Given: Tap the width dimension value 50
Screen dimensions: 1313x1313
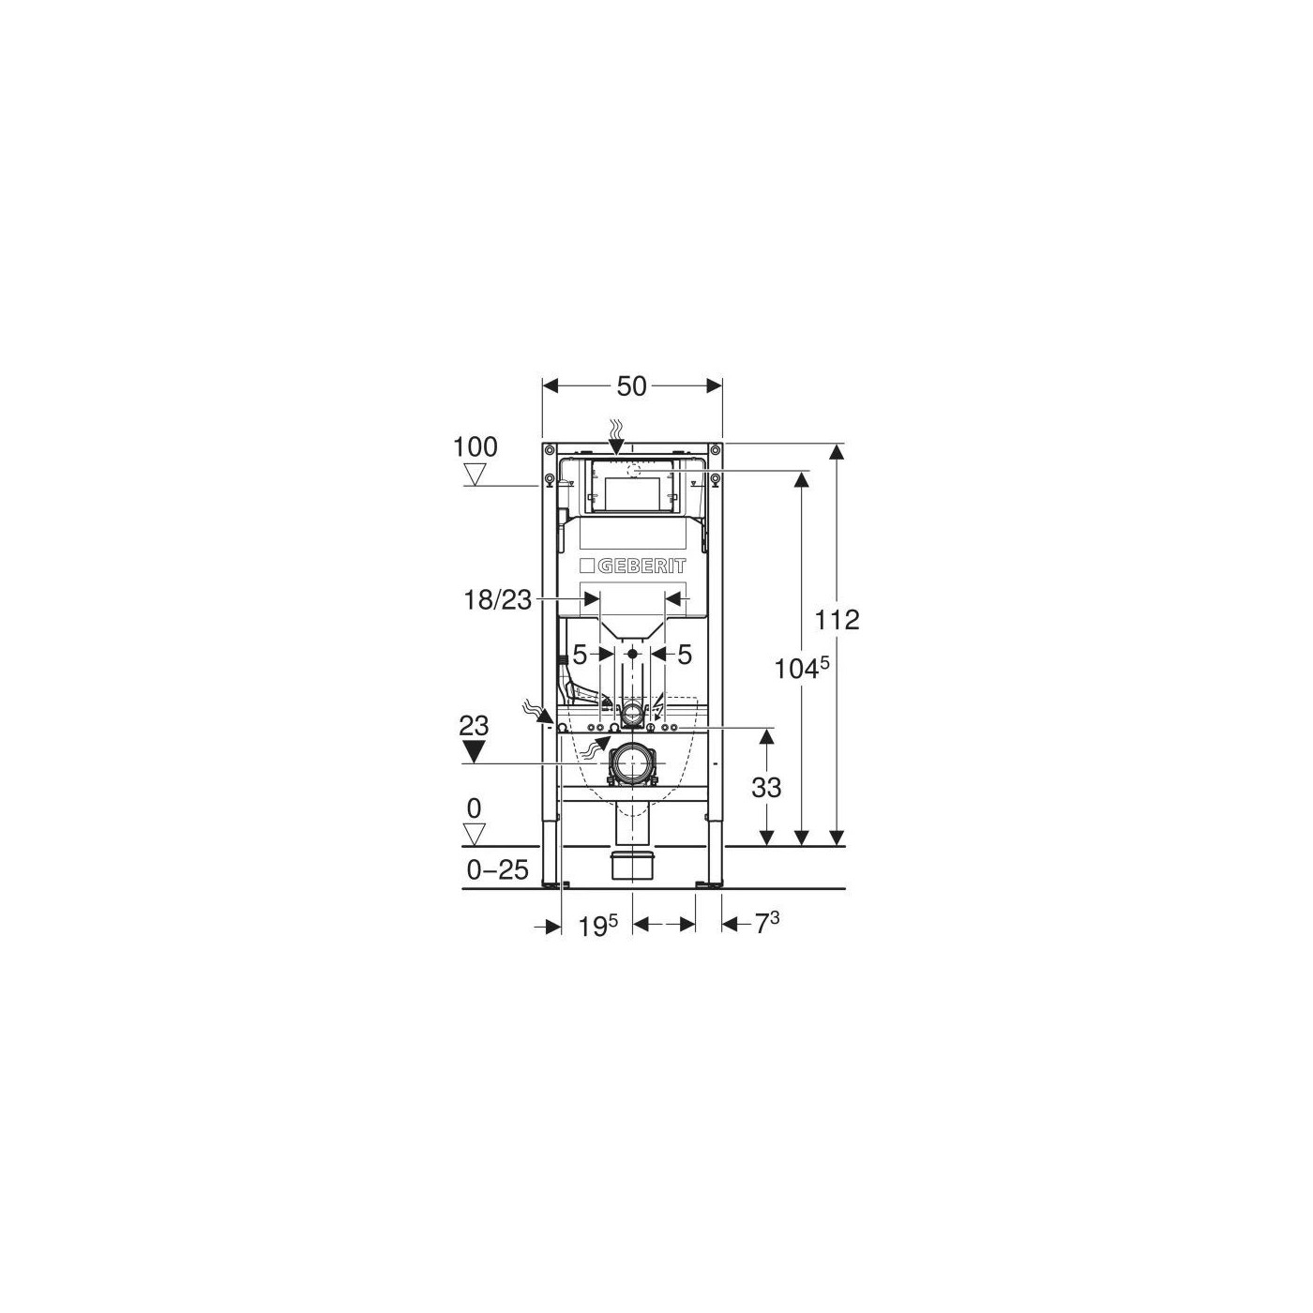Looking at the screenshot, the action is pos(631,386).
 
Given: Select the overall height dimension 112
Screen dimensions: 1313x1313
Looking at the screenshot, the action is pos(838,620).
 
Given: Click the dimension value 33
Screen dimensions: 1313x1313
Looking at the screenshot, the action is pos(766,789).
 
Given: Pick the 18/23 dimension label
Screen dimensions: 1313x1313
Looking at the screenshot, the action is pos(497,600).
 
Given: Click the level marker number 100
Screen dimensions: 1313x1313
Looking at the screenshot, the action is pos(475,447).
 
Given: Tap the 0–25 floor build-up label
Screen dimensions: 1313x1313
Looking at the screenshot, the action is pos(498,869).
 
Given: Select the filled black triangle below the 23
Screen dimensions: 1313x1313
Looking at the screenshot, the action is pos(475,751).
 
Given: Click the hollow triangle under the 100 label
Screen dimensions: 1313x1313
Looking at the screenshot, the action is pos(475,473).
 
